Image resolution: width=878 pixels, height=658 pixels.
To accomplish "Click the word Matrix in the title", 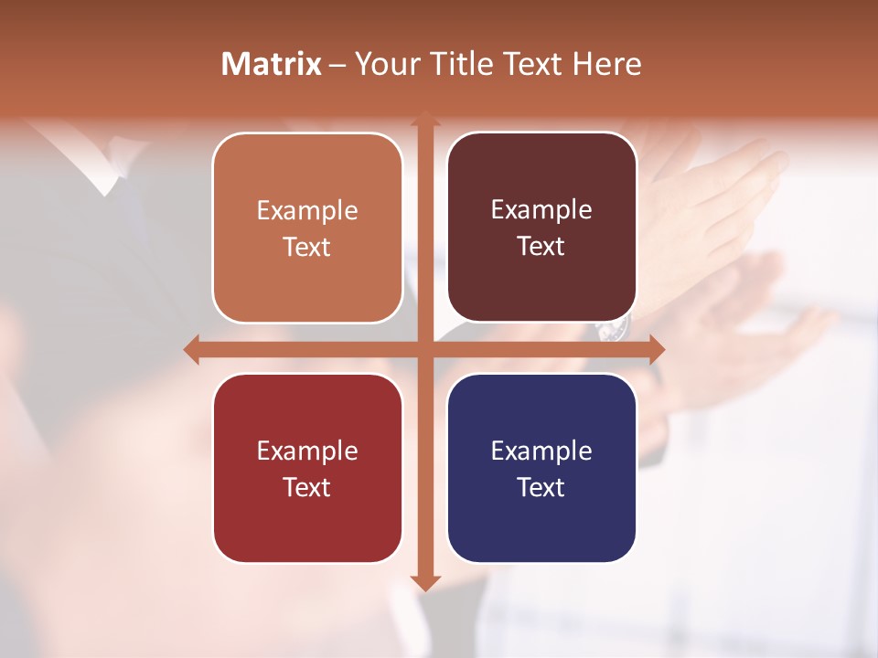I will (x=272, y=64).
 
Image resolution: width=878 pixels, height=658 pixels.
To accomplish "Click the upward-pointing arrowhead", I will (x=424, y=119).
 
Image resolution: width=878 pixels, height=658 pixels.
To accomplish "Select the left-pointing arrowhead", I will (x=192, y=349).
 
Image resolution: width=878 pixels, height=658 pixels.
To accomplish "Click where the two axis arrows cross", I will (x=424, y=349).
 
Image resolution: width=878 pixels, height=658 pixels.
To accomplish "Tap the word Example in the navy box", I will (x=541, y=451).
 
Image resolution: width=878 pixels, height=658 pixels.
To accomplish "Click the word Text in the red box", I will (x=306, y=487).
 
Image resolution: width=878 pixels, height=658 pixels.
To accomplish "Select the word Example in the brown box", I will (x=541, y=210).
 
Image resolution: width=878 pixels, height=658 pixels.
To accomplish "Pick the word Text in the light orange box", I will (x=306, y=247).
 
